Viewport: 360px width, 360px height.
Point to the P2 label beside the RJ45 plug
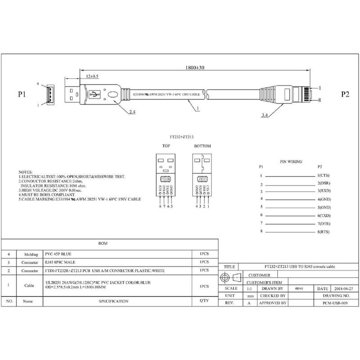pyautogui.click(x=345, y=95)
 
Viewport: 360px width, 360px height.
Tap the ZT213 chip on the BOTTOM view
pyautogui.click(x=202, y=178)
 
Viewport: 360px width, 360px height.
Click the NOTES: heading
pyautogui.click(x=25, y=172)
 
